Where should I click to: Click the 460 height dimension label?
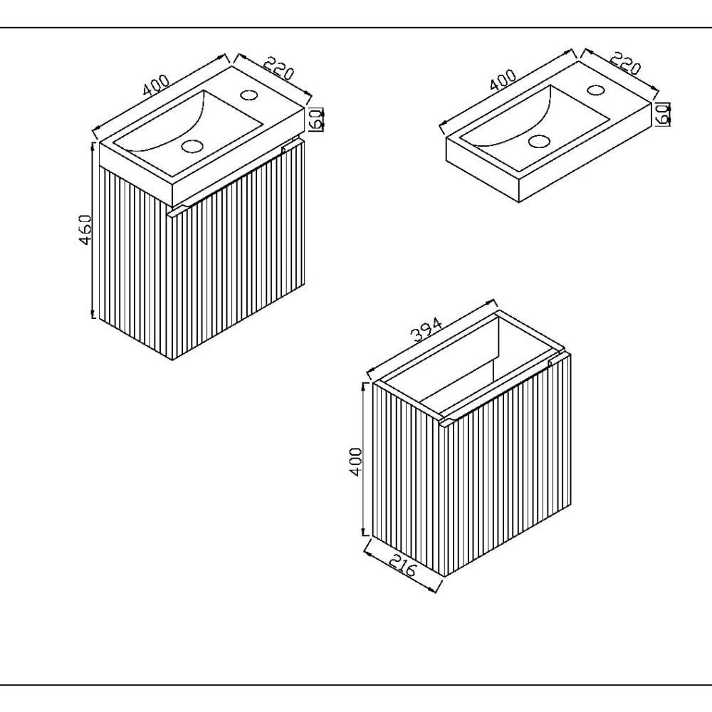tap(85, 229)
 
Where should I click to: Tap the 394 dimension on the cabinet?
tap(426, 329)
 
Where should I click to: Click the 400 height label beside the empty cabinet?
tap(356, 461)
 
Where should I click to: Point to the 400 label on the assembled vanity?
tap(156, 85)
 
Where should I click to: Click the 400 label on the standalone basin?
tap(503, 80)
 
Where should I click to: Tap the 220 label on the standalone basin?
tap(625, 63)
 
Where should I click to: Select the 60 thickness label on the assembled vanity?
tap(318, 119)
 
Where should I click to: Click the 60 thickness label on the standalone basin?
tap(663, 113)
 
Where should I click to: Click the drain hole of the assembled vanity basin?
tap(192, 146)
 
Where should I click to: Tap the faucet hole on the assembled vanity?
tap(248, 95)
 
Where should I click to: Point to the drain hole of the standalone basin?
tap(539, 141)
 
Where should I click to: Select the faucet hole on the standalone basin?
tap(596, 90)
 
